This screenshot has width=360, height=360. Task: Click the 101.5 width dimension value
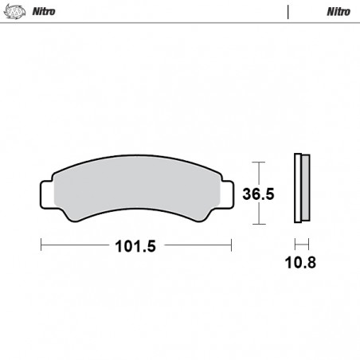135,246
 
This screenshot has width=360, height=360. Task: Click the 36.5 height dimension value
258,194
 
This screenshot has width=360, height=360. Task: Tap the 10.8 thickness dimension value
300,263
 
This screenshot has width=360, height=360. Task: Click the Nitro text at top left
44,11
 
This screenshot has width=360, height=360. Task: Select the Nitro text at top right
338,11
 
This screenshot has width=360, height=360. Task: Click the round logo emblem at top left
15,12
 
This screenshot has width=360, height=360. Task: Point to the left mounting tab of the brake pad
47,194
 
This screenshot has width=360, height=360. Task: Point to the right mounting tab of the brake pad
228,194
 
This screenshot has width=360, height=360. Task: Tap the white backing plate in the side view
298,188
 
